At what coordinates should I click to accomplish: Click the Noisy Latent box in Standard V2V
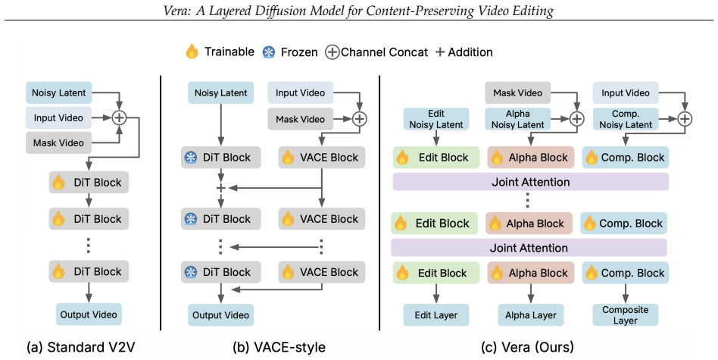click(58, 93)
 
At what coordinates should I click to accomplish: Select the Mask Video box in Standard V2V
click(58, 142)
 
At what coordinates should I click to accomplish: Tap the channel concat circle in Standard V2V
click(119, 117)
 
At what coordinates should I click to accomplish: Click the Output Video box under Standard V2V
click(89, 315)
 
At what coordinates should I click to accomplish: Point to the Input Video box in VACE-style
click(301, 93)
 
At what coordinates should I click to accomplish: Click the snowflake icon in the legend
click(268, 52)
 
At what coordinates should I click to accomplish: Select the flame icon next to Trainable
click(192, 52)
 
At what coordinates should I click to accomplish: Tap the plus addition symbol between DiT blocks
click(221, 188)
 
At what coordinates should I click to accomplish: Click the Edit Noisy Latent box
click(436, 119)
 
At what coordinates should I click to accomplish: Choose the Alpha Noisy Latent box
click(518, 119)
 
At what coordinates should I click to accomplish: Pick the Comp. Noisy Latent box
click(626, 119)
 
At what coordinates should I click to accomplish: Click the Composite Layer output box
click(626, 315)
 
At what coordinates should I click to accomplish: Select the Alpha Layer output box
click(531, 315)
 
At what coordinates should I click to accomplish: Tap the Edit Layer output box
click(436, 315)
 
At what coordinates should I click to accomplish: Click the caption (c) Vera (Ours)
click(527, 347)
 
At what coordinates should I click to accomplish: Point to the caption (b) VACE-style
click(279, 347)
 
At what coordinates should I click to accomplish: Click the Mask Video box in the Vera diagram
click(518, 93)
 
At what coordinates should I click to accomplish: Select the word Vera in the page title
click(177, 11)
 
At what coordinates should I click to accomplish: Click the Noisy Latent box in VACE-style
click(221, 93)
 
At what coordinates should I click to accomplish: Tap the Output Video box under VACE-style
click(221, 315)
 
